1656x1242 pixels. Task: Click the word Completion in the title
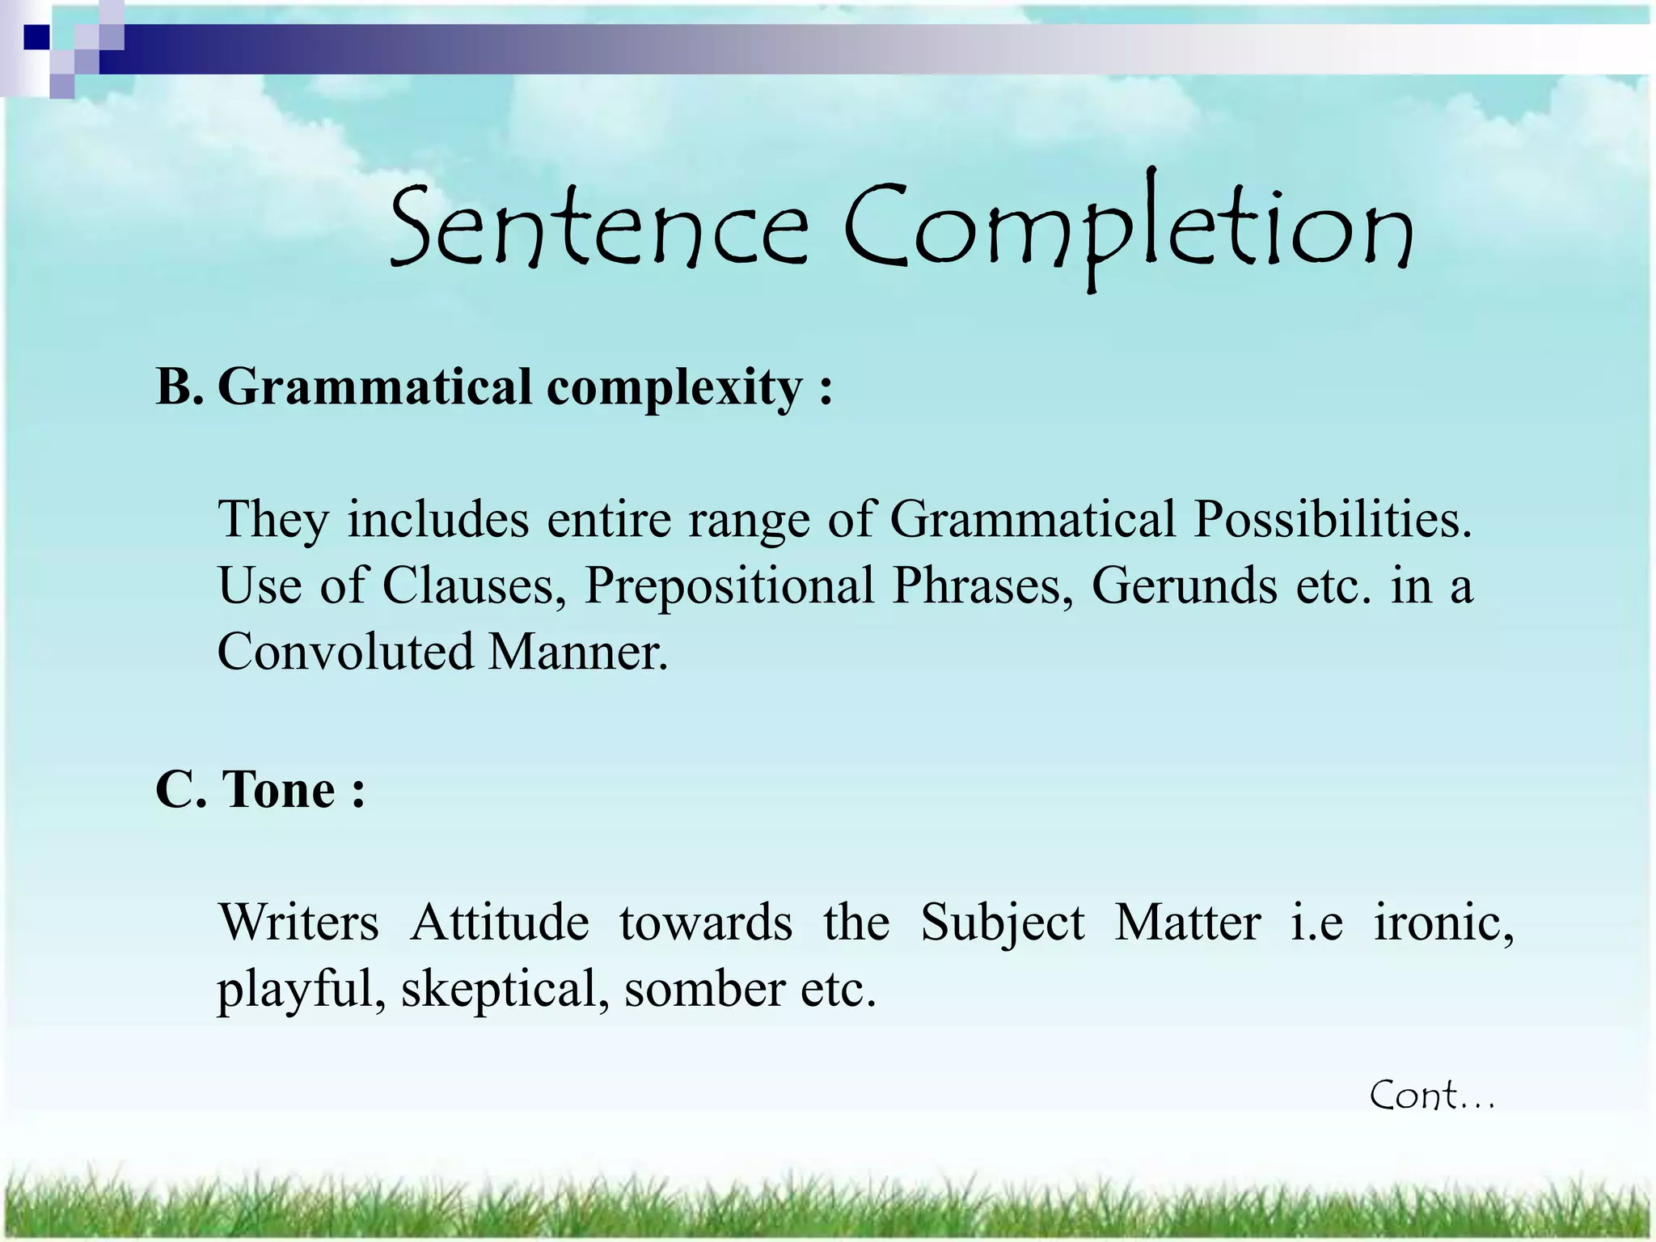[x=1128, y=230]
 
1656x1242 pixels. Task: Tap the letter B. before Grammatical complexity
[x=179, y=387]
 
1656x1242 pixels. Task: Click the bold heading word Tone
[x=279, y=789]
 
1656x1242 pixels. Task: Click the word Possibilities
[x=1333, y=518]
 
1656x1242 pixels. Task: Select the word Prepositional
[x=729, y=585]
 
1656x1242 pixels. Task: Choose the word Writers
[x=298, y=922]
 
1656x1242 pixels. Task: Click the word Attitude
[x=500, y=922]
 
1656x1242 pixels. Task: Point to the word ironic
[x=1443, y=922]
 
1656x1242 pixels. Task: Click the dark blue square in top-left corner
[x=36, y=37]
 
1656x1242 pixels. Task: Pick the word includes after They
[x=438, y=518]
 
